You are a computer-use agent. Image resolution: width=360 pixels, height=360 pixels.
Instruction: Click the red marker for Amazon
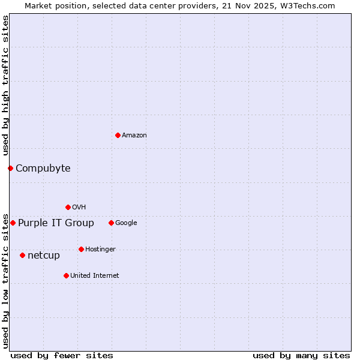click(118, 135)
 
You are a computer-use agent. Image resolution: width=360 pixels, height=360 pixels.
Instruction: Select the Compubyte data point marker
click(10, 168)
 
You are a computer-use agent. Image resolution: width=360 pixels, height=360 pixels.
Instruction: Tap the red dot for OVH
click(68, 207)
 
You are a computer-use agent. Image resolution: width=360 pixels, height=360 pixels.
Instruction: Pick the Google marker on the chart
click(111, 223)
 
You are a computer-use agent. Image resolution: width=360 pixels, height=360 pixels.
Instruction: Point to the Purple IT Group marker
click(13, 223)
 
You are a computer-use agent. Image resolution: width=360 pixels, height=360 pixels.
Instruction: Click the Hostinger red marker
click(81, 249)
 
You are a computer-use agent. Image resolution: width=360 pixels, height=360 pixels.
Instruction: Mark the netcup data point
click(22, 255)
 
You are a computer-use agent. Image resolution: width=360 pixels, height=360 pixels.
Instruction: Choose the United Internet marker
click(66, 275)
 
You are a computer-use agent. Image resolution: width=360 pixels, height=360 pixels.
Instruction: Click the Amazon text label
click(134, 135)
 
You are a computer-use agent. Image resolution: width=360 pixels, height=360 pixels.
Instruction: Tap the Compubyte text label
click(43, 168)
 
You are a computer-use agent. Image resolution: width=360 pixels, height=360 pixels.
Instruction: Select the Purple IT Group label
click(56, 223)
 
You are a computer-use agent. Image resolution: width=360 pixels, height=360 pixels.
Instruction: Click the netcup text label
click(44, 255)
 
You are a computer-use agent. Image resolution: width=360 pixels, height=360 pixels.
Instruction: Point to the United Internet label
click(95, 275)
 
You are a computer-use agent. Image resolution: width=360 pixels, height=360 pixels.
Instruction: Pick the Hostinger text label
click(100, 249)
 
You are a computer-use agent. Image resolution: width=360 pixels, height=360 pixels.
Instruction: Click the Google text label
click(126, 223)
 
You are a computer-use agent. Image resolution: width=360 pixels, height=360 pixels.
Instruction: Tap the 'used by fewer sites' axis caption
click(62, 355)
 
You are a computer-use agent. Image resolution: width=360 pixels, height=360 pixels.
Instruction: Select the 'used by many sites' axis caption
click(301, 355)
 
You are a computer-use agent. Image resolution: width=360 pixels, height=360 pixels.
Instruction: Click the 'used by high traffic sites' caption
click(5, 86)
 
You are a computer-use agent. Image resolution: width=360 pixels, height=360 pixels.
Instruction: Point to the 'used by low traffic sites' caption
click(5, 281)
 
